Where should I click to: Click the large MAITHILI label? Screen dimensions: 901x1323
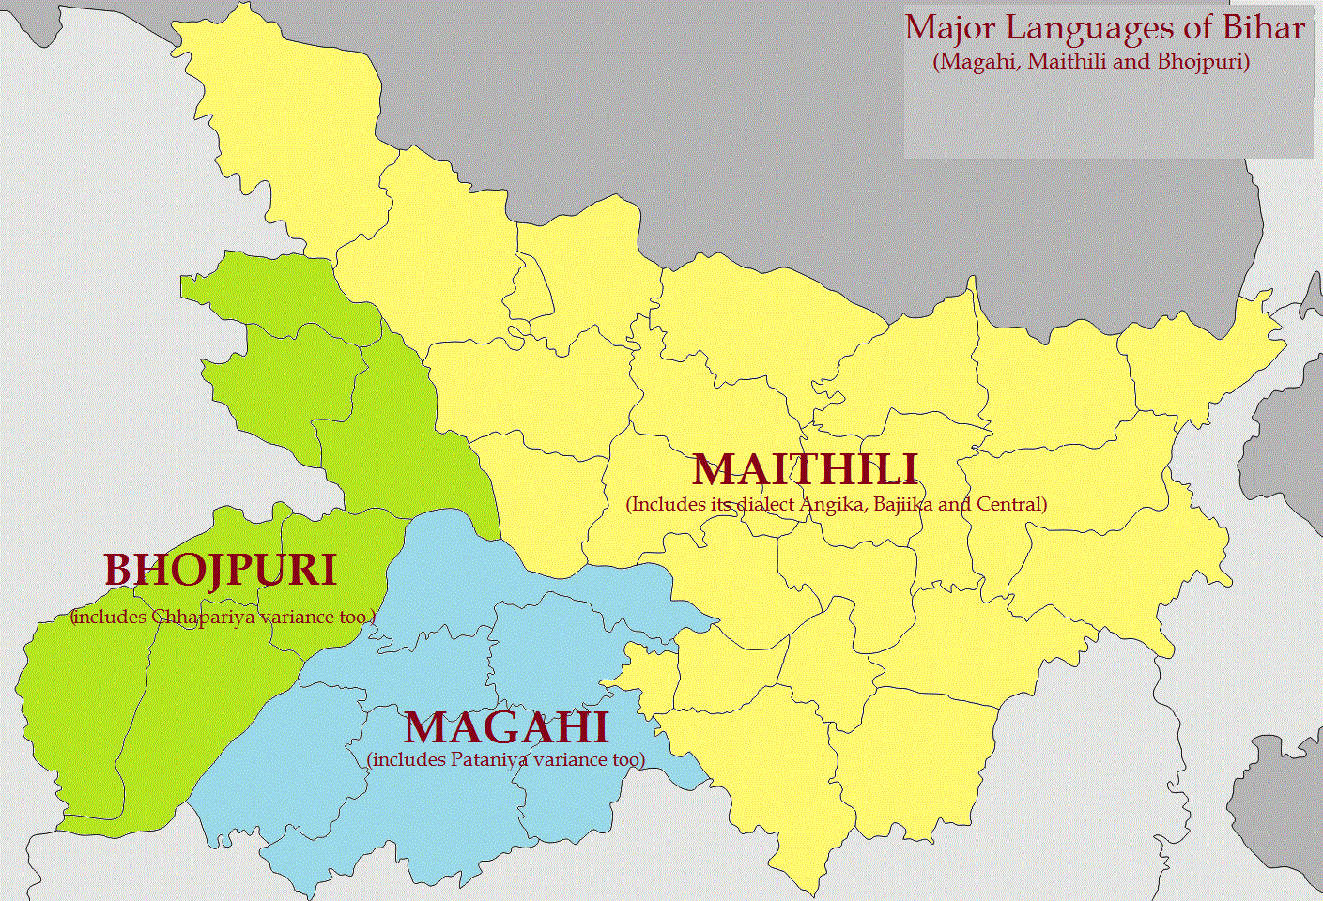click(805, 469)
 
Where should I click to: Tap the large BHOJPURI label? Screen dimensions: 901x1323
click(220, 571)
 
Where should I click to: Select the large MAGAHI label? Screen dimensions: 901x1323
click(506, 728)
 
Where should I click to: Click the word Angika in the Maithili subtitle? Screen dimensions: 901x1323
click(833, 504)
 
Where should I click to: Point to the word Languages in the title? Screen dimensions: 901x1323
click(1094, 27)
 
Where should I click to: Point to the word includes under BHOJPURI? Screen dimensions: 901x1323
click(109, 617)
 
